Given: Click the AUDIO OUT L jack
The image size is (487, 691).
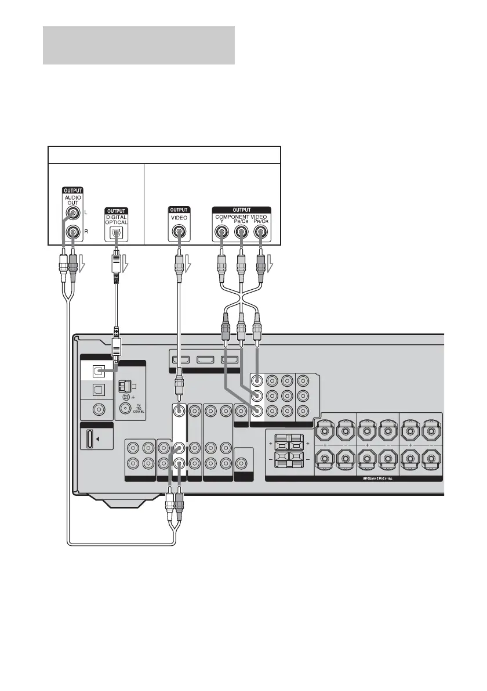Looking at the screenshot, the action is click(x=74, y=214).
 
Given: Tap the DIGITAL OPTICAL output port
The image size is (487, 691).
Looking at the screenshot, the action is click(x=118, y=232).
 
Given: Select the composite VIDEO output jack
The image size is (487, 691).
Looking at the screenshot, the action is click(x=179, y=232).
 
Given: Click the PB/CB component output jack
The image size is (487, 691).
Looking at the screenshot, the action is click(x=242, y=232).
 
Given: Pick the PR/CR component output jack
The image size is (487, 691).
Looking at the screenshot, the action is click(x=261, y=232).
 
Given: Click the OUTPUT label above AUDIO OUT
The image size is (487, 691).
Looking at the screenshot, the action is click(x=74, y=190).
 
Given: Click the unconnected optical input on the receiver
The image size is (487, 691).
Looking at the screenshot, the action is click(x=99, y=389).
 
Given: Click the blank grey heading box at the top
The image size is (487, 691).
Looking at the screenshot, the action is click(x=139, y=45).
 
